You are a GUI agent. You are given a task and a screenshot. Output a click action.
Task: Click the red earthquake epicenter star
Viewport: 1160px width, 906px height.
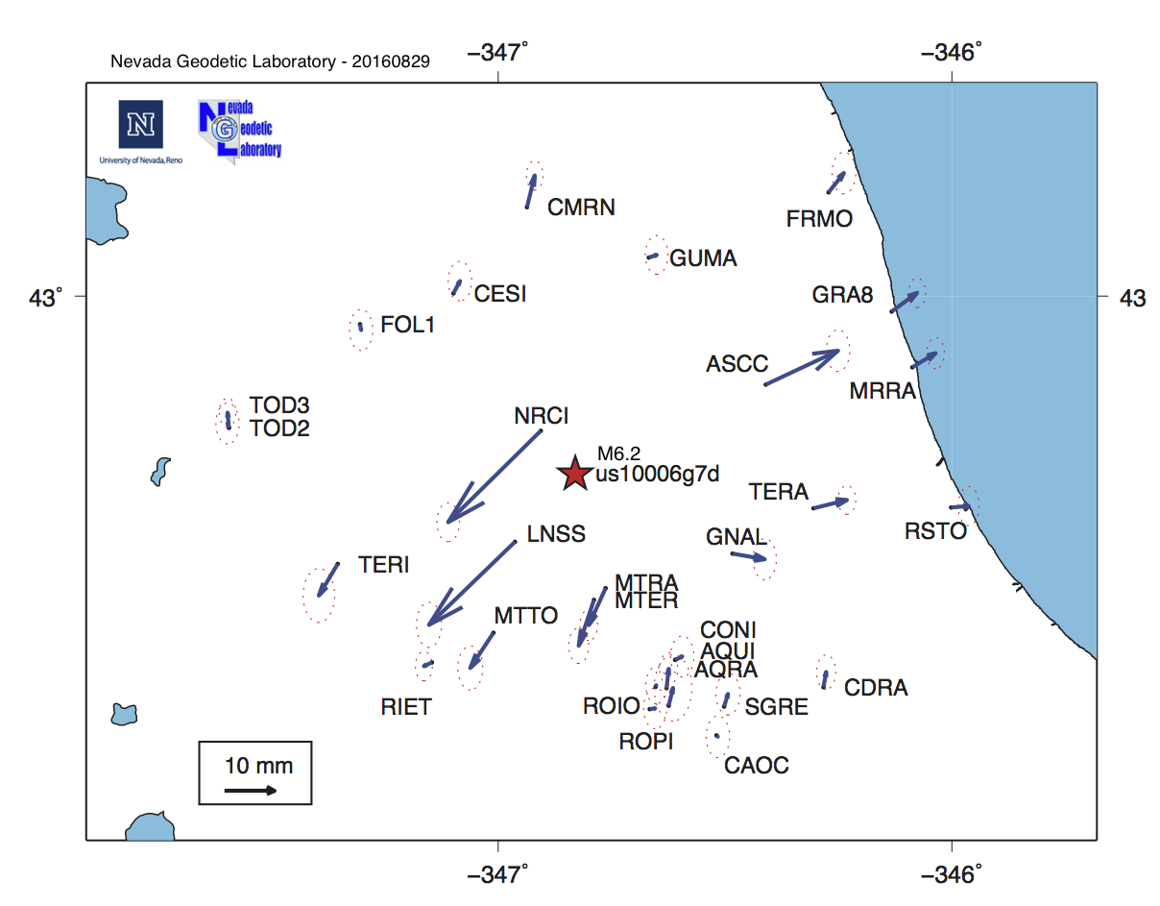[574, 474]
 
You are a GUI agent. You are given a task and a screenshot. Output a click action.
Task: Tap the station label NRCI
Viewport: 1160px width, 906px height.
[542, 417]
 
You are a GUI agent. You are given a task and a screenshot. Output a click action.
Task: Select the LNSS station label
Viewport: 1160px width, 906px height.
[556, 535]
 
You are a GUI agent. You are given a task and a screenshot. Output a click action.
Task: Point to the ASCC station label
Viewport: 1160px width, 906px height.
[737, 364]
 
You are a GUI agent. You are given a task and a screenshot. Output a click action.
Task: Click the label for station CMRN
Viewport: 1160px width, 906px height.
[581, 208]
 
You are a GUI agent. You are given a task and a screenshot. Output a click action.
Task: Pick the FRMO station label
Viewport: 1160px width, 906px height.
[819, 219]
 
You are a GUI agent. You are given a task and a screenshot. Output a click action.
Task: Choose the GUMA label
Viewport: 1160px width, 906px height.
[703, 258]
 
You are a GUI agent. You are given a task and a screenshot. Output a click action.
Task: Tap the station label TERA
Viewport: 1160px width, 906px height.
[779, 493]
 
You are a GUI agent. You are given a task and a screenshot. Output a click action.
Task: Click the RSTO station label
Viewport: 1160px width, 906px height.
[935, 531]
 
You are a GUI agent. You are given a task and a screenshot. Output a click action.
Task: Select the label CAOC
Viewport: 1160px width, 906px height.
[757, 766]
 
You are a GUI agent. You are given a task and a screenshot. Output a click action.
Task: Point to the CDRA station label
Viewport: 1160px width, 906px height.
[876, 688]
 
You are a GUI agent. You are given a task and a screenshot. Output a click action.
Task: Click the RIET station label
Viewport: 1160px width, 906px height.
[406, 708]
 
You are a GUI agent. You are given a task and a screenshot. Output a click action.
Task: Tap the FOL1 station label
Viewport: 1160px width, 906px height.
[408, 325]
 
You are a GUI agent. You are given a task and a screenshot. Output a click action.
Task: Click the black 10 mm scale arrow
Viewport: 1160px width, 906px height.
[251, 791]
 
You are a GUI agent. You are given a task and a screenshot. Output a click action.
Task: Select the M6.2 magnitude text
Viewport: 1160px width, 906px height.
[618, 453]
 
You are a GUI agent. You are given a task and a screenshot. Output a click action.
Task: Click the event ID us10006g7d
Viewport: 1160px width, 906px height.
[658, 474]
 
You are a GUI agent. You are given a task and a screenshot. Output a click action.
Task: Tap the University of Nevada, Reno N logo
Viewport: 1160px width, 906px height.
[140, 125]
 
